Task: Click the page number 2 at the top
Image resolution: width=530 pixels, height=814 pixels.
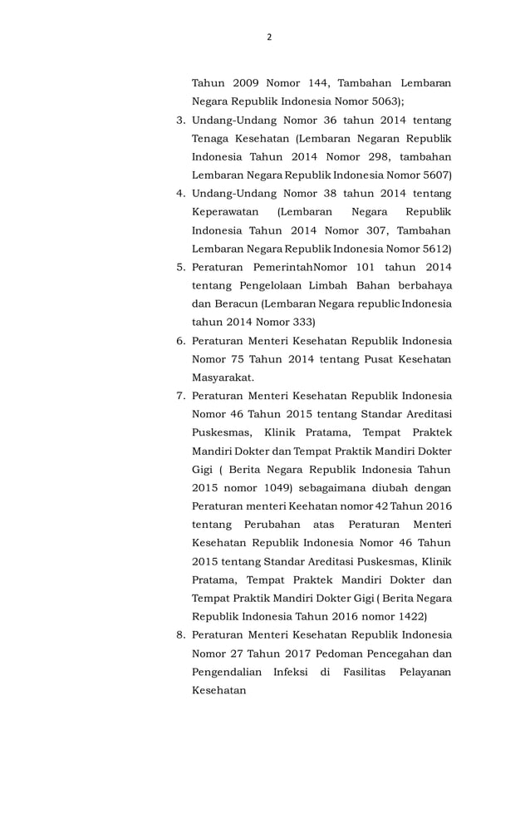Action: [269, 37]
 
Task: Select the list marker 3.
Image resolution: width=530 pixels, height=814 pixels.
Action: [180, 121]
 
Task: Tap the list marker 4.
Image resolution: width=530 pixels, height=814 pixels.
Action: [180, 194]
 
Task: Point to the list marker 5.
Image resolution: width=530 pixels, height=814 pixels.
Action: [180, 267]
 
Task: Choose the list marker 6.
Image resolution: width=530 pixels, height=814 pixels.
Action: [180, 340]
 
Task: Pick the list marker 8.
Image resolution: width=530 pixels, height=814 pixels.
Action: [180, 634]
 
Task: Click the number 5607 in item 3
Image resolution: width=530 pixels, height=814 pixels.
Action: [434, 175]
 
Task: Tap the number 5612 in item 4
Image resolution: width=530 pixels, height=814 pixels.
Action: [434, 248]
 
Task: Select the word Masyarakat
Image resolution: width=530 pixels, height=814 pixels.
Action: [223, 377]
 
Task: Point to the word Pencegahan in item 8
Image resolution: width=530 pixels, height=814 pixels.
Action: [386, 653]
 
